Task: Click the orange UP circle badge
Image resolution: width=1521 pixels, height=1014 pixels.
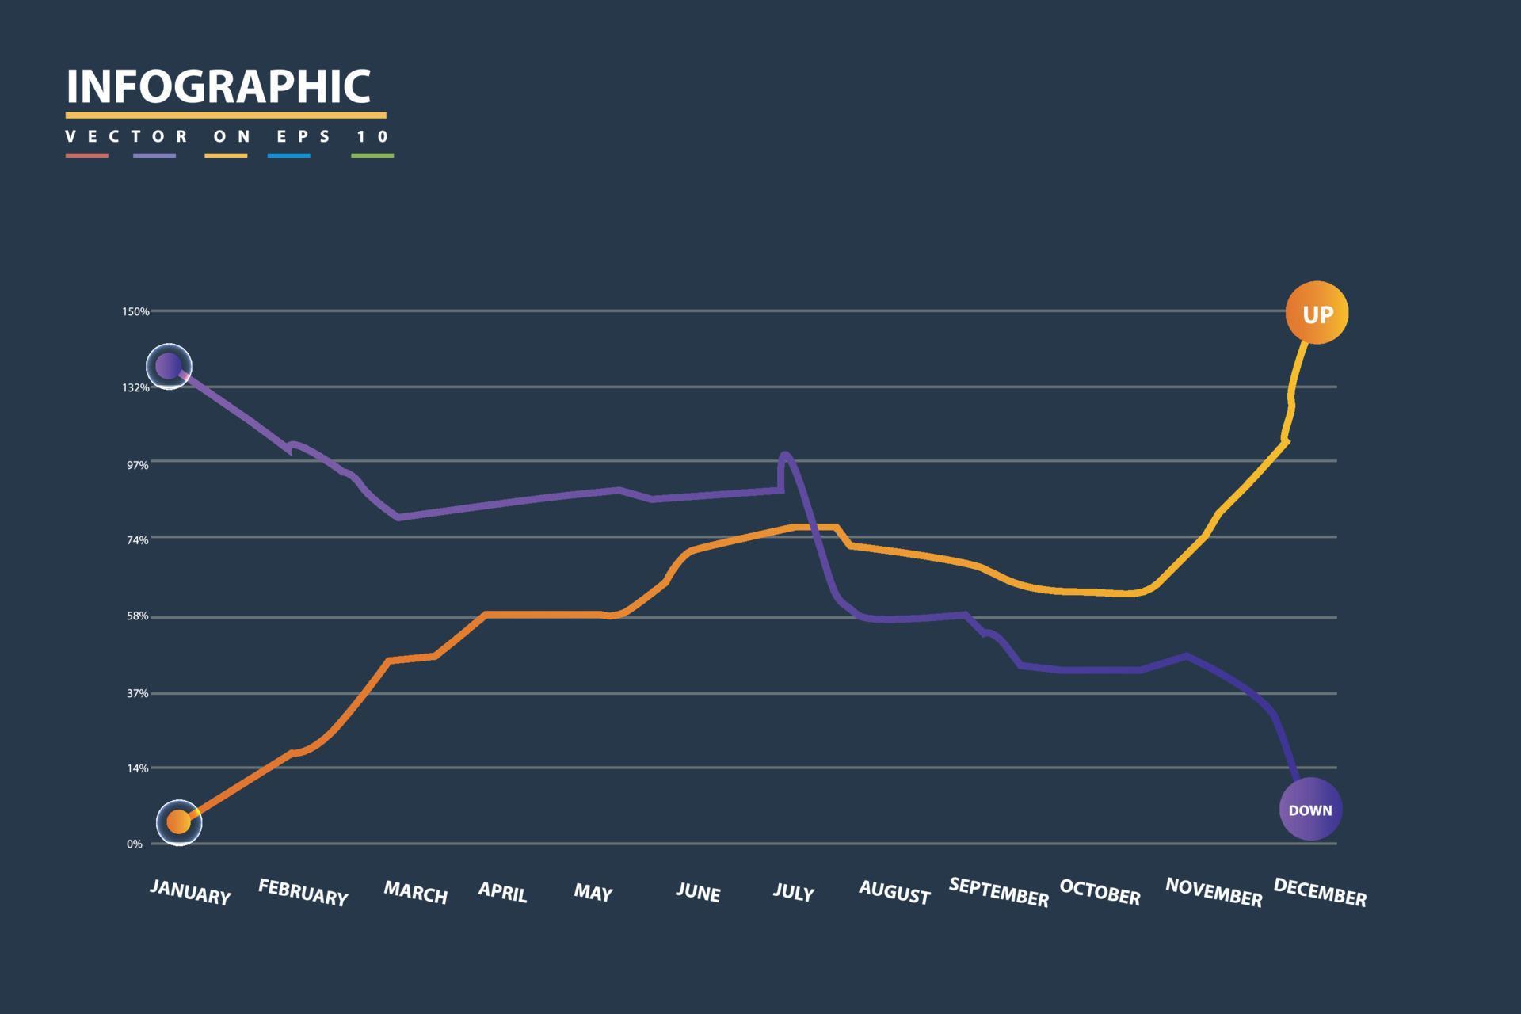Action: pyautogui.click(x=1316, y=313)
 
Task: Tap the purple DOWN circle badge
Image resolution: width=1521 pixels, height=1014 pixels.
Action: pyautogui.click(x=1310, y=809)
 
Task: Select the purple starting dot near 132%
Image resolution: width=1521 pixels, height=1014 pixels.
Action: pyautogui.click(x=169, y=366)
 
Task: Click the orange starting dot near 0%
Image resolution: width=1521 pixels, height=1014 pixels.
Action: pyautogui.click(x=179, y=822)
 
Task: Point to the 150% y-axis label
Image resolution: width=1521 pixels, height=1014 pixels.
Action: pyautogui.click(x=135, y=312)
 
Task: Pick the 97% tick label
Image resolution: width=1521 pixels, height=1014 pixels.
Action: pyautogui.click(x=138, y=465)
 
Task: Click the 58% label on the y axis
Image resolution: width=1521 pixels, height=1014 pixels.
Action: pyautogui.click(x=138, y=616)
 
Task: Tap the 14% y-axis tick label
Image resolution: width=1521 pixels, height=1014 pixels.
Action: pyautogui.click(x=138, y=768)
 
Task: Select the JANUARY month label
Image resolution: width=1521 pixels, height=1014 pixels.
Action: pyautogui.click(x=190, y=892)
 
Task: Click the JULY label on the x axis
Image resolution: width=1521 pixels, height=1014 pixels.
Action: pyautogui.click(x=793, y=893)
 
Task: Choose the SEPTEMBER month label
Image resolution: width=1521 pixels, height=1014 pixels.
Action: pyautogui.click(x=998, y=892)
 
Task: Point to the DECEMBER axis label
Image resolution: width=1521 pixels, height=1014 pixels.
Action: pyautogui.click(x=1320, y=893)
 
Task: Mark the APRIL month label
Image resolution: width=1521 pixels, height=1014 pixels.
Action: pyautogui.click(x=502, y=892)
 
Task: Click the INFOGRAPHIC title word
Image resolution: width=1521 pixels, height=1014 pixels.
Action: pyautogui.click(x=218, y=86)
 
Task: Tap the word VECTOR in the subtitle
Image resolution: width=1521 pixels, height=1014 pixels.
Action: pyautogui.click(x=127, y=136)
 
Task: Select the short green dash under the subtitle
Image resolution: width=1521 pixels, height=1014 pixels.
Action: pyautogui.click(x=372, y=156)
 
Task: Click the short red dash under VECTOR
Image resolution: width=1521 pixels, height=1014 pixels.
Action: pyautogui.click(x=86, y=156)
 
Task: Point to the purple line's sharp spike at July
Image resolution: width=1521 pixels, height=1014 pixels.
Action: pyautogui.click(x=784, y=456)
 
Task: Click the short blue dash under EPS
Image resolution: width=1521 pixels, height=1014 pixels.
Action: pyautogui.click(x=288, y=156)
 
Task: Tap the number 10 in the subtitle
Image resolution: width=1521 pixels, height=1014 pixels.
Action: pyautogui.click(x=372, y=136)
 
